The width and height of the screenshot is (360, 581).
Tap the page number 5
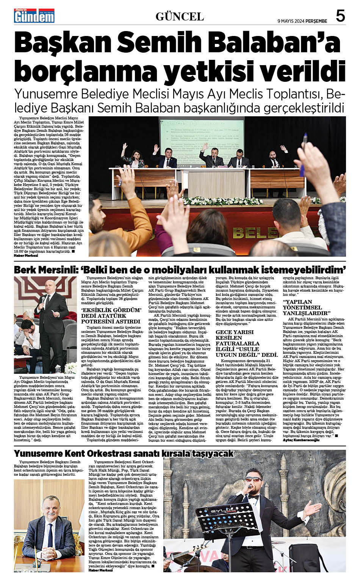click(340, 16)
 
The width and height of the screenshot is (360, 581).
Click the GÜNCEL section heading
click(180, 16)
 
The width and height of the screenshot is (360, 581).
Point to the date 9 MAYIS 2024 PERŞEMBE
click(302, 21)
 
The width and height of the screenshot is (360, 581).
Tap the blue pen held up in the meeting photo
click(305, 141)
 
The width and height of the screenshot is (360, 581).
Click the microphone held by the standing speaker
click(43, 300)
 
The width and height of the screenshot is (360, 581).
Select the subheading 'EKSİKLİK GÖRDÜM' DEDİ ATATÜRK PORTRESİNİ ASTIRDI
click(111, 315)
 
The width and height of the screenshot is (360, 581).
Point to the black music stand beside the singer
click(224, 519)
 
